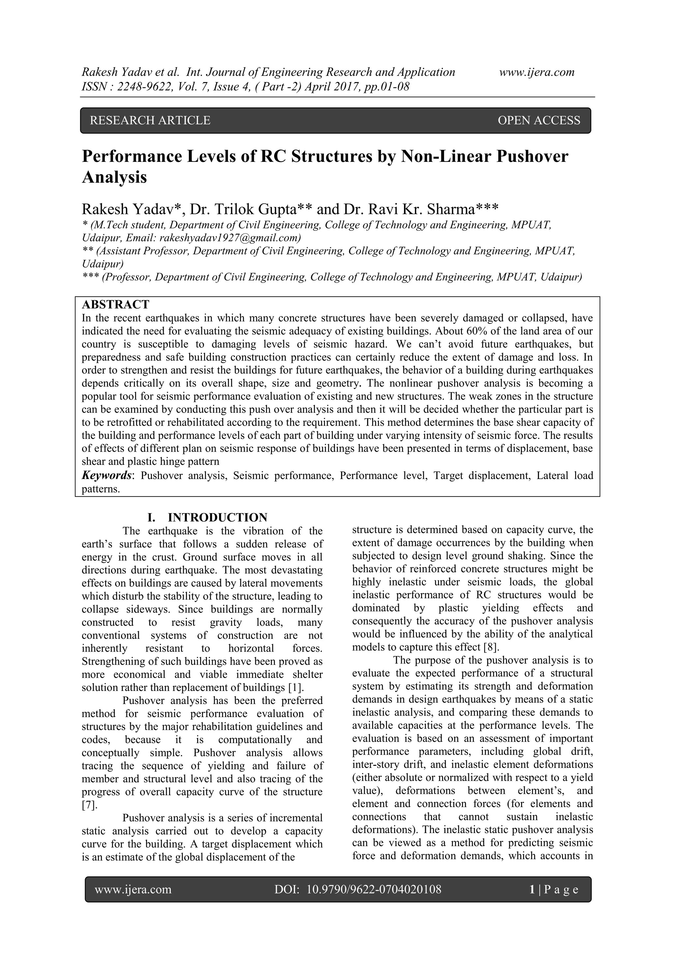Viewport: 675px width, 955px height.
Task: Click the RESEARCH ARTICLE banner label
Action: tap(150, 121)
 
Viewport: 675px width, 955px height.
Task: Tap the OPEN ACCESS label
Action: tap(538, 121)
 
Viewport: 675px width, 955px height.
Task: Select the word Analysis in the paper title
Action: tap(114, 177)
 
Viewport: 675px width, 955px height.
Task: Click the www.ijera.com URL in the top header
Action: tap(537, 73)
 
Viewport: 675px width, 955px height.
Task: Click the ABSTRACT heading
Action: tap(115, 305)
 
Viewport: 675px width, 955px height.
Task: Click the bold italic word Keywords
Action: tap(106, 475)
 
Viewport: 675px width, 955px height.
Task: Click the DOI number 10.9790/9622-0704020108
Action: tap(373, 890)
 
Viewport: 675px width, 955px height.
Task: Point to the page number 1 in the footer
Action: tap(532, 890)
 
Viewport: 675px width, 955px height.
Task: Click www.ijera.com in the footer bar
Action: tap(133, 890)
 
